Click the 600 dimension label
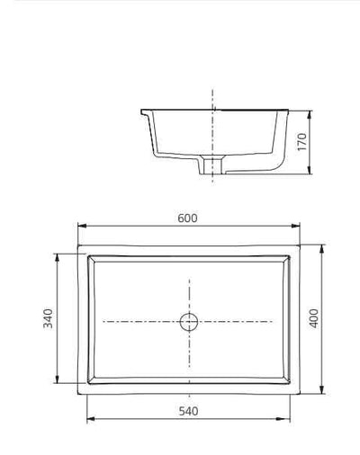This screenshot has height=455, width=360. click(187, 219)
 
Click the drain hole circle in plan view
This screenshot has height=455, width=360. click(189, 320)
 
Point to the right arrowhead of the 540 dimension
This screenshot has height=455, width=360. click(288, 419)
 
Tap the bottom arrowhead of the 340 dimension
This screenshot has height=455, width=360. click(59, 382)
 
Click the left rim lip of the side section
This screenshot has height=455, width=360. click(144, 112)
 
